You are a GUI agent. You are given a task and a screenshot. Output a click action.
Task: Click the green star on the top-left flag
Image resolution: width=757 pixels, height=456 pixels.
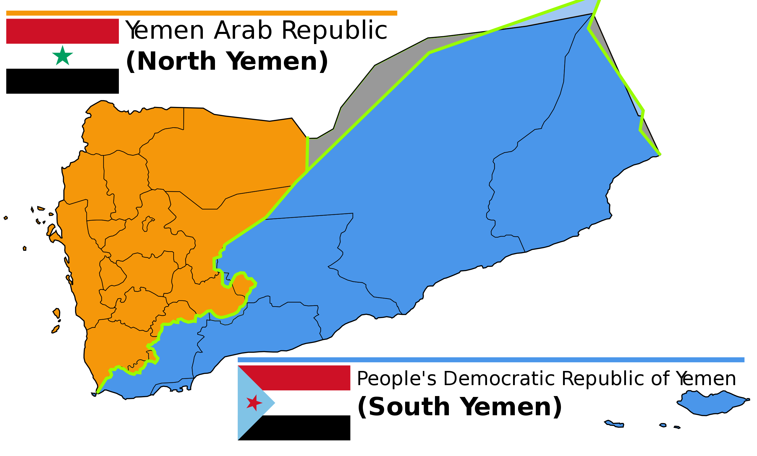[62, 56]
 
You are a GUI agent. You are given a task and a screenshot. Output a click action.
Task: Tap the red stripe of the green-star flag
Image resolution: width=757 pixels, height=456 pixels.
[62, 31]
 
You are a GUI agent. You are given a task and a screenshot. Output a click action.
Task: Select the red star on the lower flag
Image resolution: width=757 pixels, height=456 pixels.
[254, 403]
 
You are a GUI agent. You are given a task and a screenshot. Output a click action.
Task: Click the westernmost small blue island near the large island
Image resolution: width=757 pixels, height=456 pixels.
[614, 424]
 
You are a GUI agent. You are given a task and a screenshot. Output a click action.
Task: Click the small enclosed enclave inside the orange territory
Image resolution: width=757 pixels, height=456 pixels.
[148, 224]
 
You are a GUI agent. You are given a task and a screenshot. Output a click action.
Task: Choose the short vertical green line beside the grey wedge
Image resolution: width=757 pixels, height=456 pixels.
[307, 154]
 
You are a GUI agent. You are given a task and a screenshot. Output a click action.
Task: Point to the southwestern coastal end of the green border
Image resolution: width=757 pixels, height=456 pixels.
[98, 392]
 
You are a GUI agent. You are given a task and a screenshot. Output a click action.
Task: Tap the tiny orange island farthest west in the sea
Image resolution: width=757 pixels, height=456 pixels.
[6, 218]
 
